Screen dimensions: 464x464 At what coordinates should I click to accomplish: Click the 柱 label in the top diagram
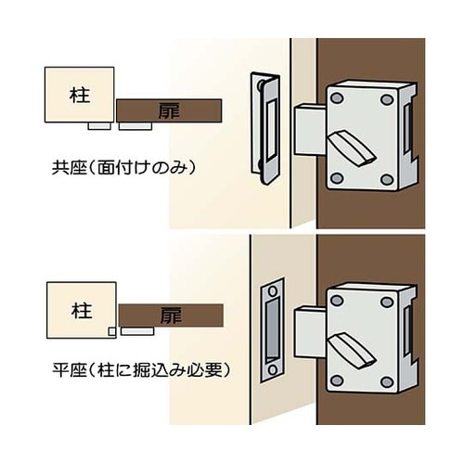pos(80,96)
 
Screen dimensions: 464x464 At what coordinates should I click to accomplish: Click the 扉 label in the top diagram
pos(169,110)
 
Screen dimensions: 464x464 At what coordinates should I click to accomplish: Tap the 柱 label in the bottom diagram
pos(82,311)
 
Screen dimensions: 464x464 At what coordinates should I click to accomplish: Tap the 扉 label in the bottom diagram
pos(171,316)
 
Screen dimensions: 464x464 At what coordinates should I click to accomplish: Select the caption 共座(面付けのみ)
pos(124,168)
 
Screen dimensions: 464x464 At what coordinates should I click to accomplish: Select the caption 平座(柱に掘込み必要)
pos(141,369)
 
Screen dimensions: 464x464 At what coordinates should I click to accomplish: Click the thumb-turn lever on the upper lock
pos(352,148)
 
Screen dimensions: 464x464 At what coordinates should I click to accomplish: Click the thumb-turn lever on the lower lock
pos(352,351)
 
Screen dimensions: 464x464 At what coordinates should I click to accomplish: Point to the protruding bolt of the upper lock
pos(310,130)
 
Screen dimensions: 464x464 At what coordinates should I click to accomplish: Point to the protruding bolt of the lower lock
pos(310,331)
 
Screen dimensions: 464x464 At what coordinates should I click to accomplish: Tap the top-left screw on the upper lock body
pos(337,98)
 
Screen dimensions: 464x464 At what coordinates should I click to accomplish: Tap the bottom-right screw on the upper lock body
pos(387,179)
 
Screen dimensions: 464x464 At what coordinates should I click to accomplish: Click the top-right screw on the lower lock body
pos(387,302)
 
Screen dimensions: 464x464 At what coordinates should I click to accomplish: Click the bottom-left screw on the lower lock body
pos(337,380)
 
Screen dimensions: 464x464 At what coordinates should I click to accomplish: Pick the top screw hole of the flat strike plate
pos(273,291)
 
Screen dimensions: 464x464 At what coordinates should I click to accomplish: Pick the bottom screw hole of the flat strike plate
pos(272,370)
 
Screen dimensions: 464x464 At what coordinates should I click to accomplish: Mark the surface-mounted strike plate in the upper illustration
pos(265,128)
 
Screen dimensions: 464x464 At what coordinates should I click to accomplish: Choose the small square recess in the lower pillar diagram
pos(112,331)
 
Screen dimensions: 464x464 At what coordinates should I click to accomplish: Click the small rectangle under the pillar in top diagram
pos(99,126)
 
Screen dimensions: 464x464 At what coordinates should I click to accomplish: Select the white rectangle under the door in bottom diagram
pos(137,331)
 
